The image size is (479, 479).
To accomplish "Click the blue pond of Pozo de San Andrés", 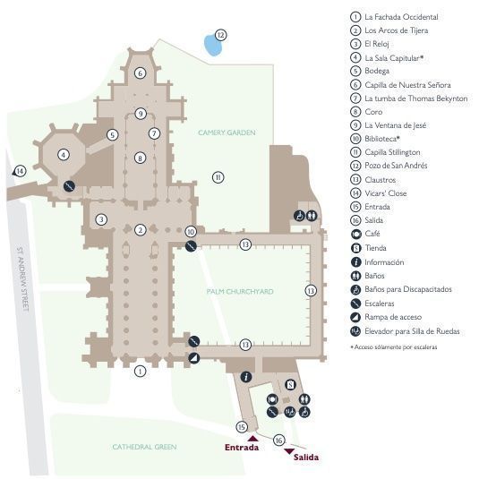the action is [x=212, y=45].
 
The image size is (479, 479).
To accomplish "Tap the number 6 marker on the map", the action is [x=141, y=73].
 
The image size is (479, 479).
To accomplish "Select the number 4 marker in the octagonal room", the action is [x=64, y=155].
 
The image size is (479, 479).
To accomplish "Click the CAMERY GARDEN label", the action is [x=227, y=133].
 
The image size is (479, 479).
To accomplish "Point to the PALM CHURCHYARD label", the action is [x=240, y=292].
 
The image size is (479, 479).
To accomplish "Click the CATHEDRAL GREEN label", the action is [x=144, y=447].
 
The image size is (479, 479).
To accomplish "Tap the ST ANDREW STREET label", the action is [x=23, y=279].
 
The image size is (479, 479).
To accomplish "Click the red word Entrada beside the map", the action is [x=242, y=448].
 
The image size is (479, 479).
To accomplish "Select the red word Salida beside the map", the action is [x=306, y=457].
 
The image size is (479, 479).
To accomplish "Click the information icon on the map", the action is [x=246, y=377].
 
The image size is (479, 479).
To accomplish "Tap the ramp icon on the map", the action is [x=193, y=358].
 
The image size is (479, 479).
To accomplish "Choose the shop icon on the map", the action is [x=290, y=385].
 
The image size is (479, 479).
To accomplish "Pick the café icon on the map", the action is [x=272, y=399].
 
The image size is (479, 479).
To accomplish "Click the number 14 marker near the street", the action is [x=21, y=171].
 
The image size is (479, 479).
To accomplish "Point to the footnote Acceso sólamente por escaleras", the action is [x=394, y=347].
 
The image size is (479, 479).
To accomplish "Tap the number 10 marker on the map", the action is [x=191, y=232].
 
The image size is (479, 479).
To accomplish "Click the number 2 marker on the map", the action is [x=141, y=230].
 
